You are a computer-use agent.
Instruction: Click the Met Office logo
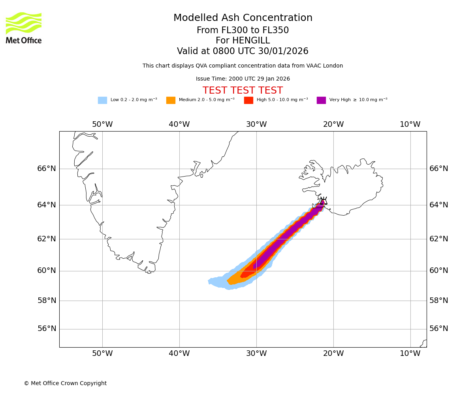[x=24, y=28]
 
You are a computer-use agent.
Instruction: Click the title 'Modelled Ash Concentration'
[x=243, y=18]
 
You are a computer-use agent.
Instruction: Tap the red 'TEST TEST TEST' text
[x=243, y=90]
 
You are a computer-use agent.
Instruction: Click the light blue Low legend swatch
[x=102, y=100]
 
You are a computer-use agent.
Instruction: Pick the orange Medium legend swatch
[x=171, y=100]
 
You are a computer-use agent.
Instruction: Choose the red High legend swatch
[x=248, y=100]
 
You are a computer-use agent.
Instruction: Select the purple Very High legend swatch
[x=321, y=100]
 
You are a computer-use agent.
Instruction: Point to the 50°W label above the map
[x=102, y=124]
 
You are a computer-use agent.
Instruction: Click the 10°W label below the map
[x=410, y=354]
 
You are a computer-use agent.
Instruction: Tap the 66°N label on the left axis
[x=47, y=169]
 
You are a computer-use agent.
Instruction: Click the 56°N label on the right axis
[x=439, y=329]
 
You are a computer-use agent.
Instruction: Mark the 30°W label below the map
[x=256, y=354]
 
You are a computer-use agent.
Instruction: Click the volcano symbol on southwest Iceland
[x=324, y=201]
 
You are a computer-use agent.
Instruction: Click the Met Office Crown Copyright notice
[x=65, y=383]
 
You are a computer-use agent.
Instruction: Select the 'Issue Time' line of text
[x=243, y=79]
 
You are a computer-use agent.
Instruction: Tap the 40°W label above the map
[x=179, y=124]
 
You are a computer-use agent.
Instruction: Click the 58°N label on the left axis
[x=47, y=301]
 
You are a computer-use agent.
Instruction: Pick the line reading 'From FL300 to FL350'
[x=243, y=30]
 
